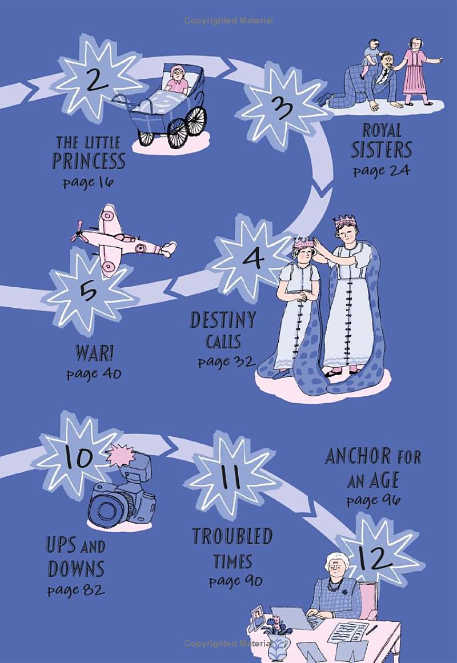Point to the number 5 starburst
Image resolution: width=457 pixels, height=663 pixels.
[89, 292]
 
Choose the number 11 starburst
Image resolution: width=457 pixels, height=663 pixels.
[230, 476]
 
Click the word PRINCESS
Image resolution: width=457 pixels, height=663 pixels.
[89, 161]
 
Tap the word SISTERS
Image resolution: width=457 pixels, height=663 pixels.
[381, 150]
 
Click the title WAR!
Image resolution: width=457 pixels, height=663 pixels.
[94, 353]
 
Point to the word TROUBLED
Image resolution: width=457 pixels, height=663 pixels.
[232, 536]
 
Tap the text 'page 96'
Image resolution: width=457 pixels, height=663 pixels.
[373, 500]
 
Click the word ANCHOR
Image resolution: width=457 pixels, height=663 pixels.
[358, 456]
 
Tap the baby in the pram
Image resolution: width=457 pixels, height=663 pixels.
[177, 80]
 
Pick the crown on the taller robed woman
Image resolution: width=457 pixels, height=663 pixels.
[344, 220]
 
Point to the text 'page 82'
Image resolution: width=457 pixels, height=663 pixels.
[76, 590]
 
